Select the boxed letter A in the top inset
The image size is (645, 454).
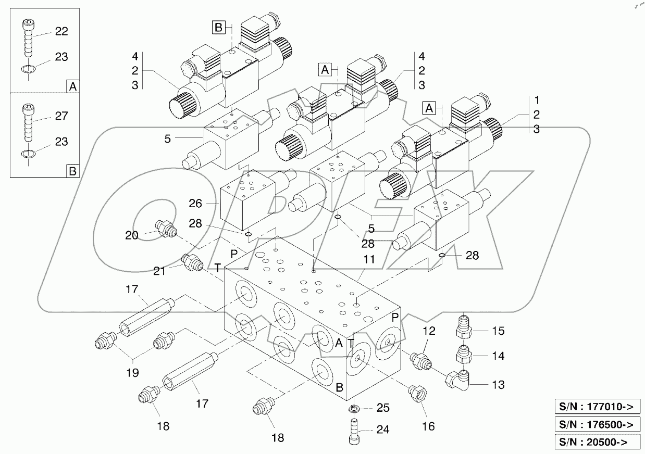tap(72, 87)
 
